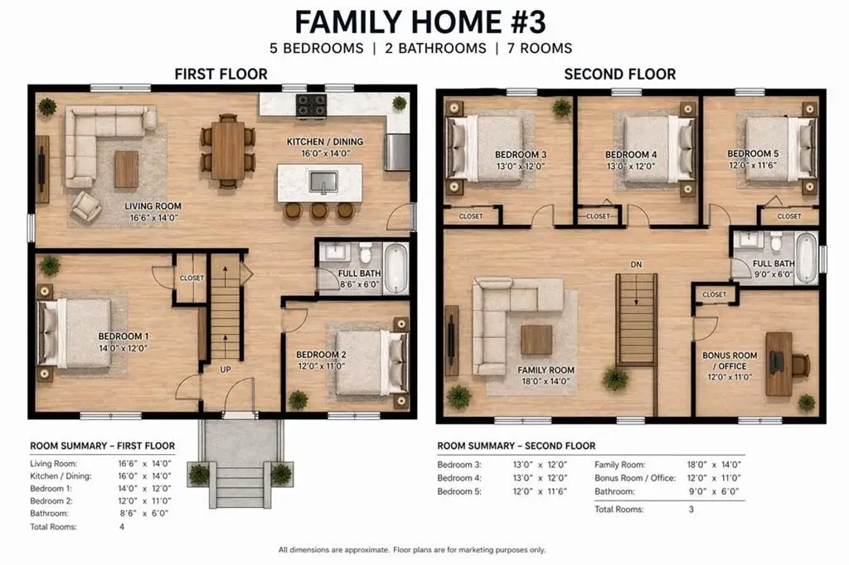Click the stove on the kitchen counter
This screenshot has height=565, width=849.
[x=312, y=105]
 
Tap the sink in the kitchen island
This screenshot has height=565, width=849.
[x=324, y=181]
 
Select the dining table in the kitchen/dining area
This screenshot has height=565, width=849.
[x=228, y=151]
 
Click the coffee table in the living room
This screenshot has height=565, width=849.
[x=127, y=169]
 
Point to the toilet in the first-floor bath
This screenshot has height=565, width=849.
[x=366, y=252]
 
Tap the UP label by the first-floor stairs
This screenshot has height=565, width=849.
[x=226, y=369]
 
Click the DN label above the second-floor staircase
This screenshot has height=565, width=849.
[x=636, y=264]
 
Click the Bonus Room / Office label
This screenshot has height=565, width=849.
[x=730, y=360]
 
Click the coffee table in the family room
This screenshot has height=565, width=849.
[x=536, y=340]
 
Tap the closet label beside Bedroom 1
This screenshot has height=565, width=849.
[x=192, y=278]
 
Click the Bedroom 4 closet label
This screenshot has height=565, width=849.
[x=599, y=216]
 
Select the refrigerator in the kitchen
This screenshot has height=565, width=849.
[x=397, y=152]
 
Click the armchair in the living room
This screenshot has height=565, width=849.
[x=86, y=205]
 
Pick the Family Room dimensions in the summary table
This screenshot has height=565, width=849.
[x=714, y=464]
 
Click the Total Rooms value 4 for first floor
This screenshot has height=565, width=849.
[x=122, y=527]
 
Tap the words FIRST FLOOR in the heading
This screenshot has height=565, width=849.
[x=221, y=74]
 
